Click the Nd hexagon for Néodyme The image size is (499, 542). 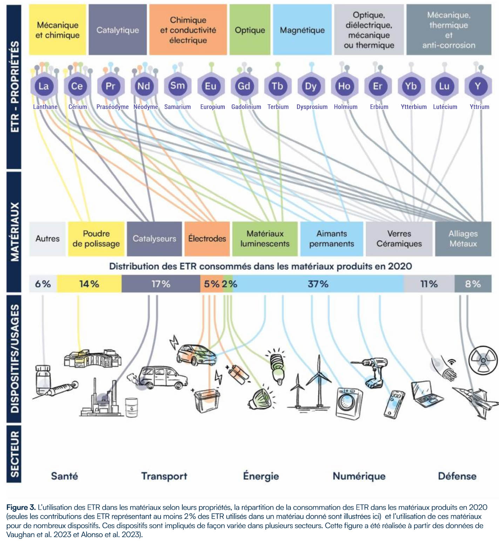coord(144,86)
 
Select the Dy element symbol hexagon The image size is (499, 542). coord(311,86)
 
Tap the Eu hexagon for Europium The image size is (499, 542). coord(211,86)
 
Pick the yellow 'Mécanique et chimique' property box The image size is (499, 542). coord(58,30)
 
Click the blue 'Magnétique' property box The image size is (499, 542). coord(302,30)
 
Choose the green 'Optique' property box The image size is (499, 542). coord(250,30)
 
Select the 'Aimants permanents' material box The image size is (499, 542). coord(331,239)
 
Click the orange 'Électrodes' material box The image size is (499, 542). coord(207,239)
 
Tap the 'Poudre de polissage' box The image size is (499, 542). coord(96,239)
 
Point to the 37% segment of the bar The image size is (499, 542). coord(318,284)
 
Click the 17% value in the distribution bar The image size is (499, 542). coord(161,284)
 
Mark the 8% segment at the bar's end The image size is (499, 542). coord(473,284)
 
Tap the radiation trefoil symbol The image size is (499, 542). coord(483,360)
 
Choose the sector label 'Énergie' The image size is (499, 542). coord(261,476)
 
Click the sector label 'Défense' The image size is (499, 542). coord(457,476)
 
